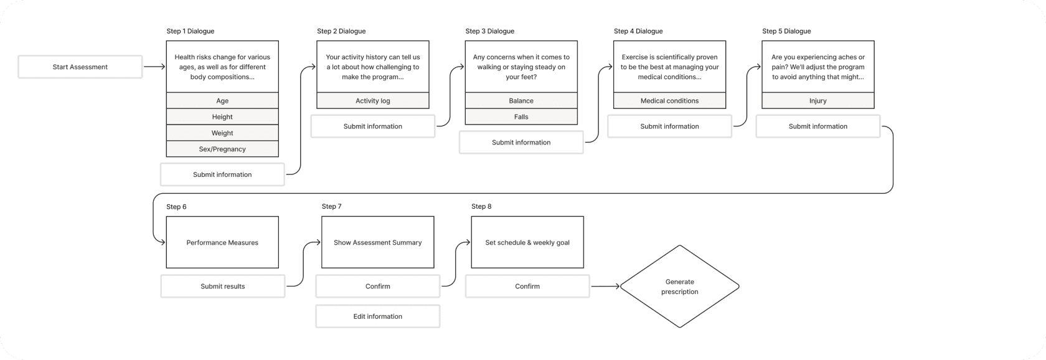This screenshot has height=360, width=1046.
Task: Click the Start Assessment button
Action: [80, 67]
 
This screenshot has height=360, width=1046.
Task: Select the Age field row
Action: [222, 100]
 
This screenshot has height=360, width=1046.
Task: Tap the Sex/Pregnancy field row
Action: [222, 149]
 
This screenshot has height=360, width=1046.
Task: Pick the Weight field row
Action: [222, 133]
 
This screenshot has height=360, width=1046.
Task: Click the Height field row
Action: [222, 116]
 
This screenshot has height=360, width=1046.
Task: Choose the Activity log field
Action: [372, 100]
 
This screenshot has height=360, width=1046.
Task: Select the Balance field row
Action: [521, 100]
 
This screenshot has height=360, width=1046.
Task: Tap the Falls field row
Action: [521, 116]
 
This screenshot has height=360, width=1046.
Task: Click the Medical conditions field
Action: [670, 100]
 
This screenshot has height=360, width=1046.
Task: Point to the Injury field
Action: [818, 100]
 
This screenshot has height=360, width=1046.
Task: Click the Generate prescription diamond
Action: [679, 287]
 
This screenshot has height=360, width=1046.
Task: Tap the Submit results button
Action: [223, 287]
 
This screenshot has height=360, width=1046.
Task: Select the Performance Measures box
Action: [222, 242]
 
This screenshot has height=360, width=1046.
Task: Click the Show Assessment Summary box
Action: [378, 242]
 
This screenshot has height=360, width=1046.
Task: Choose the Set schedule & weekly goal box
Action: [527, 242]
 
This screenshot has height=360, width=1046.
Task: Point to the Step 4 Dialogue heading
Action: [638, 31]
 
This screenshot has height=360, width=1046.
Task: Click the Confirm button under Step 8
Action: [527, 287]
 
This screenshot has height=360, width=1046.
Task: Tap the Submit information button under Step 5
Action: [818, 126]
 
